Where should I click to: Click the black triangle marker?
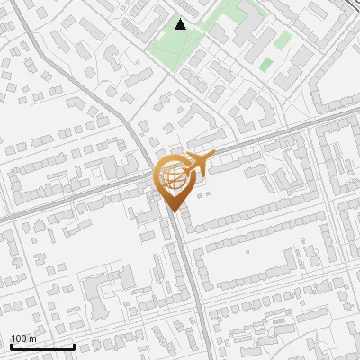tap(180, 24)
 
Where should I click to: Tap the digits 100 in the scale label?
tap(20, 338)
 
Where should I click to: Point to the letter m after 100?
tap(32, 338)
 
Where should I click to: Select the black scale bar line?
tap(41, 346)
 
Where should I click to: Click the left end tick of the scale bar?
tap(11, 345)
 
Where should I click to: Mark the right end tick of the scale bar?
tap(73, 345)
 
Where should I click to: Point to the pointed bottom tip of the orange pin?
tap(171, 212)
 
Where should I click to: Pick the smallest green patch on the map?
tap(266, 64)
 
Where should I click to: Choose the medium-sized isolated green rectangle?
tap(283, 40)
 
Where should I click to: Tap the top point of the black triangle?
tap(180, 19)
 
